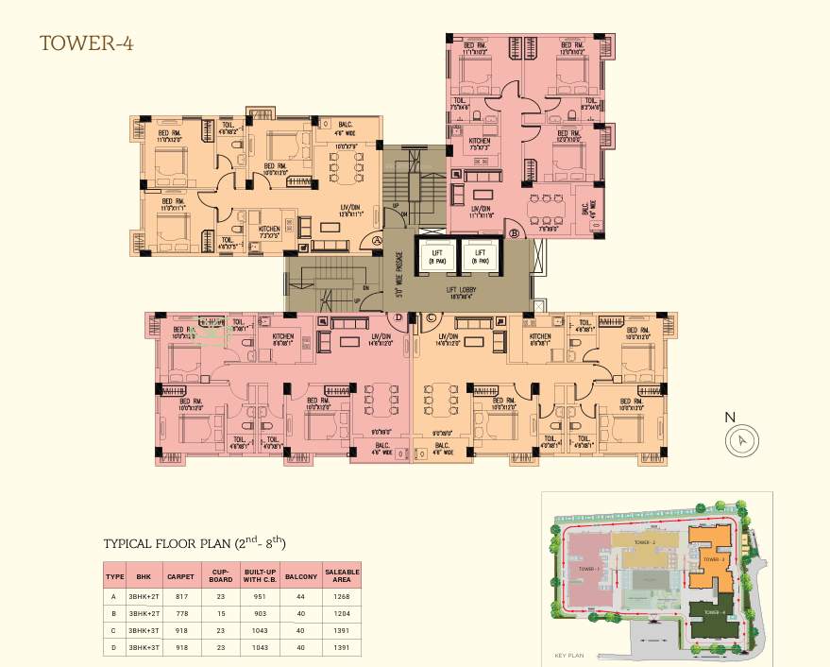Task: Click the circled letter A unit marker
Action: click(x=377, y=241)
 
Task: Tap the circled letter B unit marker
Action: click(x=515, y=231)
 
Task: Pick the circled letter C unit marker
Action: click(x=432, y=317)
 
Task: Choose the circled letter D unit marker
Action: click(x=398, y=317)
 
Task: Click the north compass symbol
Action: click(x=743, y=439)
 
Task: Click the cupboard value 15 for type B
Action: click(x=221, y=613)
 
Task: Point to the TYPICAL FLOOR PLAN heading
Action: click(x=195, y=544)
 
